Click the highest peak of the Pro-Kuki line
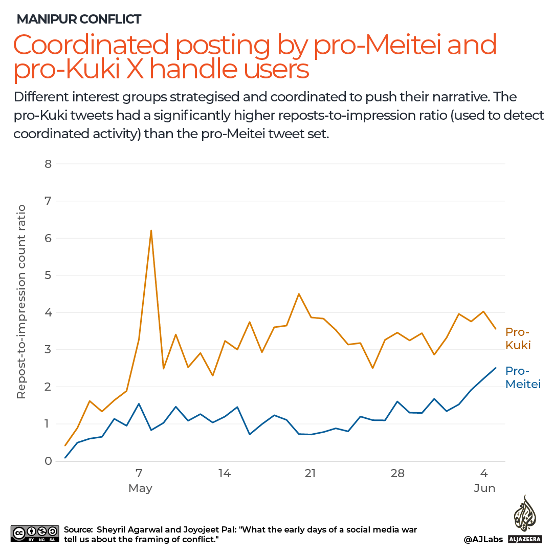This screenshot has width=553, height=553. pyautogui.click(x=151, y=230)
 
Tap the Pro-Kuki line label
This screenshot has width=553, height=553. pyautogui.click(x=518, y=338)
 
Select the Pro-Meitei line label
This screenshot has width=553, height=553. pyautogui.click(x=523, y=377)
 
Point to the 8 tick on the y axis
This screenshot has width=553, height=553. pyautogui.click(x=48, y=164)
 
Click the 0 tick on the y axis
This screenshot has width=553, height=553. pyautogui.click(x=48, y=461)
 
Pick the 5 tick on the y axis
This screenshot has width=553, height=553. pyautogui.click(x=48, y=275)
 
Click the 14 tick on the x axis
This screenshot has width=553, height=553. pyautogui.click(x=224, y=473)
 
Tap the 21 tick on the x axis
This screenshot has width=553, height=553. pyautogui.click(x=310, y=473)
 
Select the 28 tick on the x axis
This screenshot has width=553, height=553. pyautogui.click(x=397, y=473)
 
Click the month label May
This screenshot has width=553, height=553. pyautogui.click(x=140, y=488)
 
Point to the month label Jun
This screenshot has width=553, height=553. pyautogui.click(x=484, y=488)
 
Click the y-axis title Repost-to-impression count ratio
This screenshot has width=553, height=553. pyautogui.click(x=21, y=302)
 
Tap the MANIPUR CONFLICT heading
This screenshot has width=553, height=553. pyautogui.click(x=79, y=19)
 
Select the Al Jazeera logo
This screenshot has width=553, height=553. pyautogui.click(x=525, y=520)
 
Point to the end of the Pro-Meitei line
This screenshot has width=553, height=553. pyautogui.click(x=495, y=368)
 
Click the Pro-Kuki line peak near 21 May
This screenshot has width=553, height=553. pyautogui.click(x=299, y=294)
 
